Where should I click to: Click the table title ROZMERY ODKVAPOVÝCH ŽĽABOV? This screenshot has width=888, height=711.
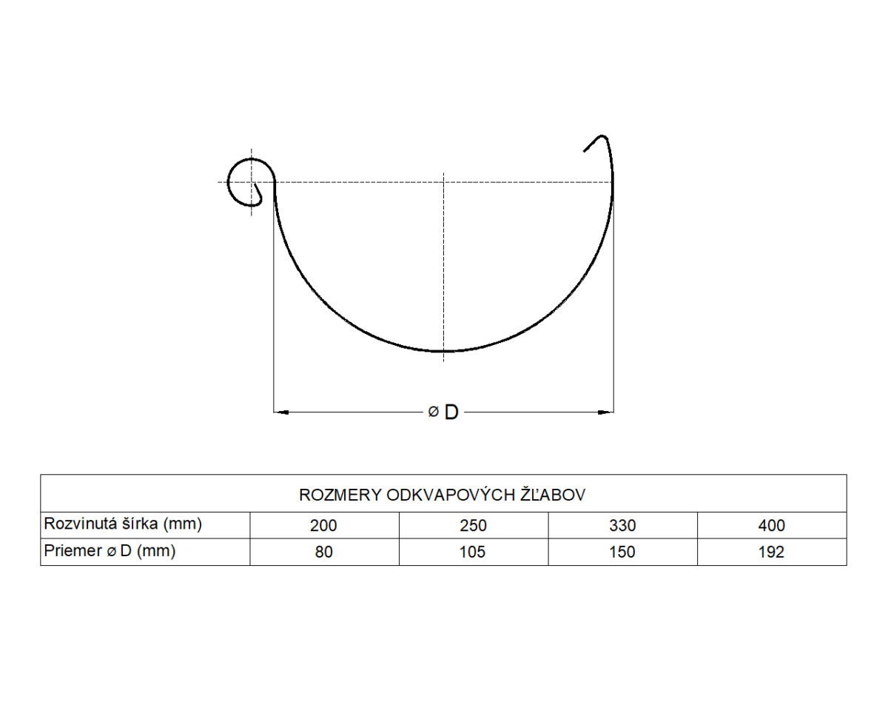tap(442, 495)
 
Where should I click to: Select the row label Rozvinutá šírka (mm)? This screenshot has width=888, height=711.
tap(123, 524)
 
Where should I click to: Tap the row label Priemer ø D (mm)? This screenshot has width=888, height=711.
tap(110, 551)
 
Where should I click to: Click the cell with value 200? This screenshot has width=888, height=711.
tap(324, 526)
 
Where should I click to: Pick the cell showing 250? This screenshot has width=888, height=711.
tap(474, 526)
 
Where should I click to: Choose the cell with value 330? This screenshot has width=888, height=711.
tap(622, 526)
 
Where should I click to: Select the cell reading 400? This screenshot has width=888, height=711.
tap(772, 526)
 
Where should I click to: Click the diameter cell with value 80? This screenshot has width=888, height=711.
tap(324, 552)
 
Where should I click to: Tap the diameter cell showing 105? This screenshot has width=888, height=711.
tap(474, 552)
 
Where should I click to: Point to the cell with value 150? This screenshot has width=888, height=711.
tap(622, 552)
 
